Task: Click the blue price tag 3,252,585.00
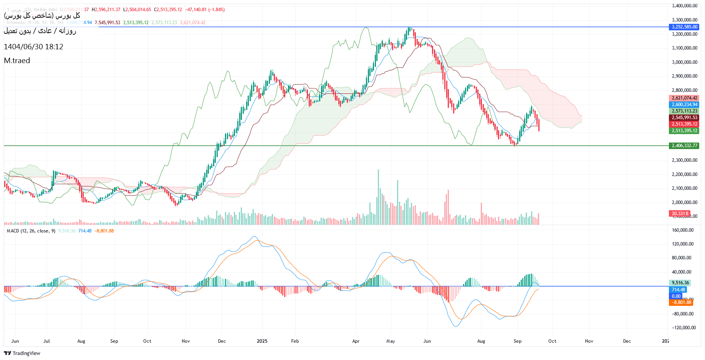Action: [x=684, y=27]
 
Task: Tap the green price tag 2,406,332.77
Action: [x=684, y=146]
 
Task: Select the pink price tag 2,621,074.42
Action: [x=684, y=98]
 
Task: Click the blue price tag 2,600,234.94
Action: [x=684, y=105]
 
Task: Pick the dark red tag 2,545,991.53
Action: [x=684, y=118]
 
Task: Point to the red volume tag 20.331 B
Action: [x=679, y=214]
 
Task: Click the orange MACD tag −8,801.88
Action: [x=681, y=302]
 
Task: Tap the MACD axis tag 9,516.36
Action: [x=681, y=283]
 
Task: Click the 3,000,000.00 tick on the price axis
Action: [x=684, y=62]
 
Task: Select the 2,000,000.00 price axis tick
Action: [x=684, y=202]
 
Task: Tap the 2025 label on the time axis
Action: [x=262, y=341]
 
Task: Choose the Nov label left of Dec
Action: [x=185, y=341]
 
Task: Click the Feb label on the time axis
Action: [x=295, y=341]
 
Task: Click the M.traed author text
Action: [x=17, y=61]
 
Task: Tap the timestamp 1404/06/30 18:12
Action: [x=33, y=47]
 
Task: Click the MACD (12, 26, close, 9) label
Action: [x=31, y=231]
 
